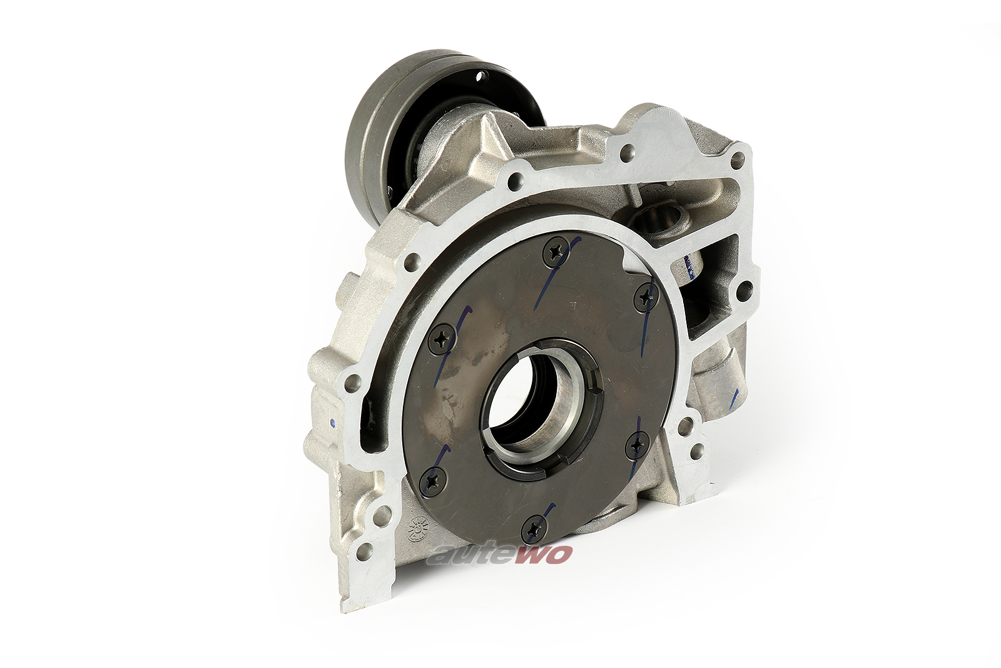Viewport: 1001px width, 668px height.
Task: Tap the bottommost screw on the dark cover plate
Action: pyautogui.click(x=534, y=530)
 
